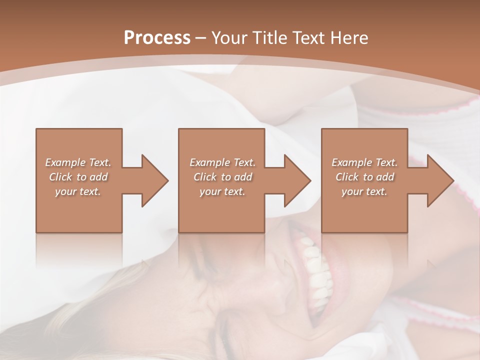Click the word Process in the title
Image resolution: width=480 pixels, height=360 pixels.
pos(157,38)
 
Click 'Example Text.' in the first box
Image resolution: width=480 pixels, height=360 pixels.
pos(78,162)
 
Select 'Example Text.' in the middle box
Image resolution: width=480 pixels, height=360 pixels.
pos(222,162)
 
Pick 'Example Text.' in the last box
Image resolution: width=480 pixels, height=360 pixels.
pos(365,162)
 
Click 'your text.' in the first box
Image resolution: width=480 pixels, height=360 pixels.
pos(78,191)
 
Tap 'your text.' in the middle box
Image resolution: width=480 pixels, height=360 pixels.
pos(222,191)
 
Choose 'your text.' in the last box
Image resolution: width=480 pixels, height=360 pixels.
pos(365,191)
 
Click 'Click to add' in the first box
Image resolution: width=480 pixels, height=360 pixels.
pos(78,177)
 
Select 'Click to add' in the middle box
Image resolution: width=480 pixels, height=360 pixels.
pos(222,177)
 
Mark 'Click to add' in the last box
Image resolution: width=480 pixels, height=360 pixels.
pos(365,177)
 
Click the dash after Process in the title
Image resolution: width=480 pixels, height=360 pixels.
pos(201,38)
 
